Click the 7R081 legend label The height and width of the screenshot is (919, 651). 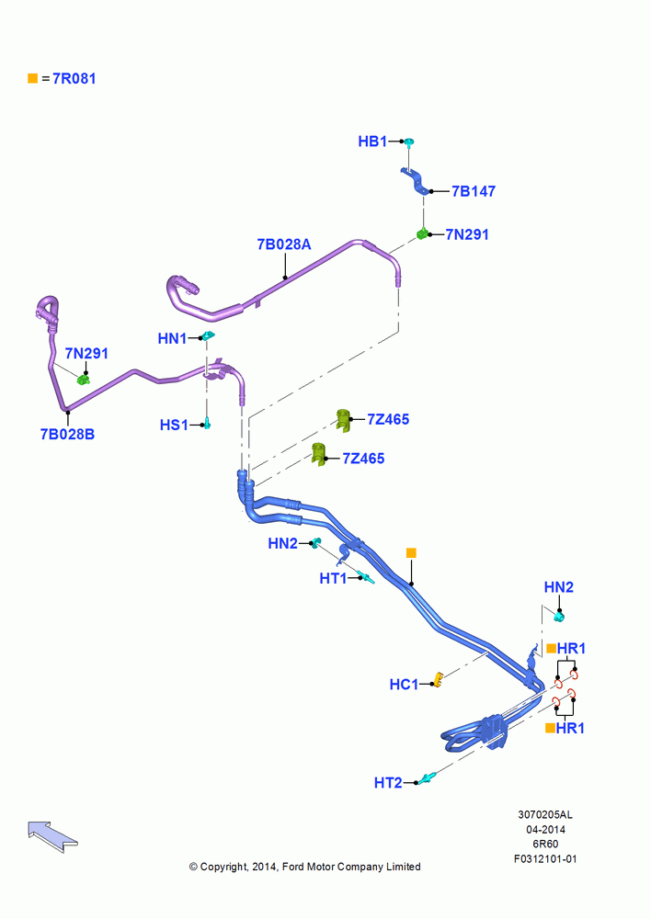pyautogui.click(x=74, y=78)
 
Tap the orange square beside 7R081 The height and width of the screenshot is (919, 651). pyautogui.click(x=33, y=78)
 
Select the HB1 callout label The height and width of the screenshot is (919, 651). pyautogui.click(x=372, y=142)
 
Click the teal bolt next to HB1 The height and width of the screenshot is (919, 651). pyautogui.click(x=409, y=142)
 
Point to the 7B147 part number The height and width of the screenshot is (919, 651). pyautogui.click(x=474, y=191)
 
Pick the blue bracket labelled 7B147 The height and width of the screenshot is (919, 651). pyautogui.click(x=416, y=180)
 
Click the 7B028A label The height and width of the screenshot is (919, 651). pyautogui.click(x=284, y=244)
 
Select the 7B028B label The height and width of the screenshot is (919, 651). pyautogui.click(x=67, y=435)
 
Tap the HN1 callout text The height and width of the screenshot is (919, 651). pyautogui.click(x=172, y=338)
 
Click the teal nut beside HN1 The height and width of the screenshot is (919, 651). pyautogui.click(x=208, y=335)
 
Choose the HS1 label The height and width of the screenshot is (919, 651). pyautogui.click(x=174, y=425)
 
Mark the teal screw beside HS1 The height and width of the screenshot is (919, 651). pyautogui.click(x=207, y=423)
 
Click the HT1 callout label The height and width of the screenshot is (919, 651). pyautogui.click(x=333, y=578)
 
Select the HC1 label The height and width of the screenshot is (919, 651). pyautogui.click(x=404, y=684)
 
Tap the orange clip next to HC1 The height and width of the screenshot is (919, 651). pyautogui.click(x=437, y=680)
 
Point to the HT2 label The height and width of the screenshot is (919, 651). pyautogui.click(x=388, y=782)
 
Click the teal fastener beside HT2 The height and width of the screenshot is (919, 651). pyautogui.click(x=426, y=778)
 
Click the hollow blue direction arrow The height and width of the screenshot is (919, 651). pyautogui.click(x=51, y=835)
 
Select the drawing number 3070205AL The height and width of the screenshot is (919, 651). pyautogui.click(x=545, y=814)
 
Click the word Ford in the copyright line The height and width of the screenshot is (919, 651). pyautogui.click(x=292, y=867)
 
